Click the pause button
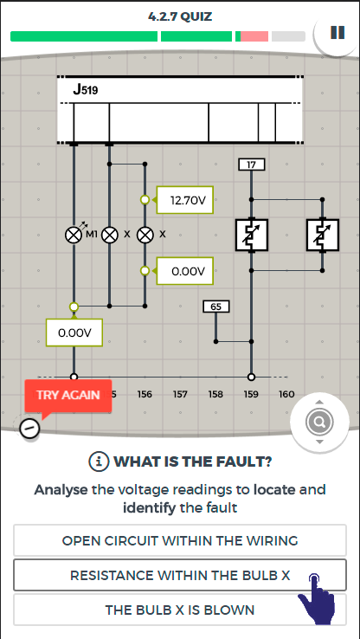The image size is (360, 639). (x=337, y=33)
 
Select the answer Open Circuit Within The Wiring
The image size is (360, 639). (x=180, y=540)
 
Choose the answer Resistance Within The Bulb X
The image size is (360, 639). (x=180, y=575)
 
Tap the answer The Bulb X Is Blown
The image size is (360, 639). (x=180, y=610)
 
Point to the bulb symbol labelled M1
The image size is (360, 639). (x=74, y=236)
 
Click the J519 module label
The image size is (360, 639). (x=86, y=90)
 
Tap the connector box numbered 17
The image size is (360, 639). (x=251, y=165)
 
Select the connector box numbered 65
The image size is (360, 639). (x=215, y=307)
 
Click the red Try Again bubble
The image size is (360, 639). (x=68, y=396)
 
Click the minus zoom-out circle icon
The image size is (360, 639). (x=29, y=428)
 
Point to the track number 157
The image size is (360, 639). (x=180, y=394)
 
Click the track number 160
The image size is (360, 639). (x=286, y=394)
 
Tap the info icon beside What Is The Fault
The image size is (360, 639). (x=99, y=461)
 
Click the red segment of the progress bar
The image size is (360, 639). (x=254, y=36)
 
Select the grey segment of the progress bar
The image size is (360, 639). (x=288, y=36)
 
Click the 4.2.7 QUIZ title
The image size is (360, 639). (x=180, y=17)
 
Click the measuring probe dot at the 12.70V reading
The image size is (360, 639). (x=145, y=200)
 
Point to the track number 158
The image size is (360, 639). (x=215, y=394)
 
